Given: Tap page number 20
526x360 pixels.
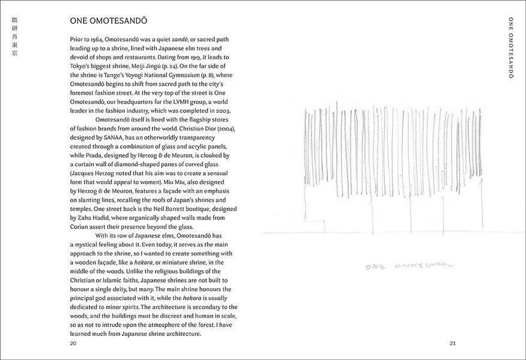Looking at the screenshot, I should tap(73, 343).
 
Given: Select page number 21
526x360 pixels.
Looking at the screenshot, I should tap(453, 343).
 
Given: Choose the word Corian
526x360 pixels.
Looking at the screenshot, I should tap(82, 226).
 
